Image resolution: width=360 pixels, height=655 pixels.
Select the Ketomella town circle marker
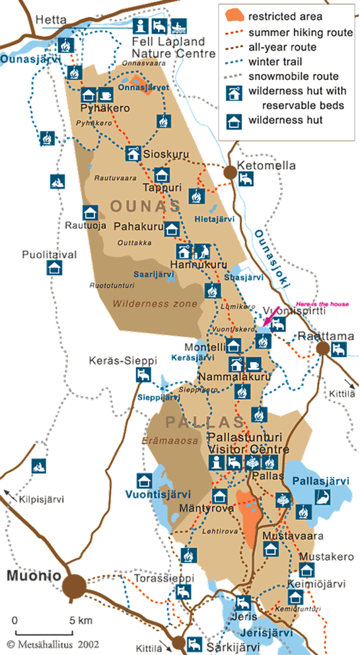point(230,173)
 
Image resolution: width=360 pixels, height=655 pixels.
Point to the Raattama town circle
point(323,348)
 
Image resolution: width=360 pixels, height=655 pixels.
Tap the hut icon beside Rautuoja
point(90,213)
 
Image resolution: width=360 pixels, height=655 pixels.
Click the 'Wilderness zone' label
point(155,304)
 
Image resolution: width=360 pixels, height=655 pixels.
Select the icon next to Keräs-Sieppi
point(141,375)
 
